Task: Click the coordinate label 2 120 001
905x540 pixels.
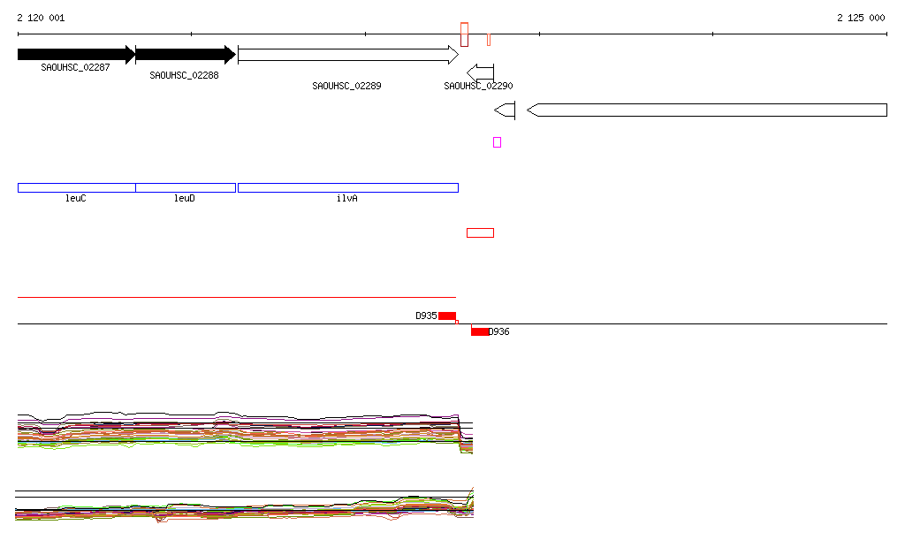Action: click(41, 18)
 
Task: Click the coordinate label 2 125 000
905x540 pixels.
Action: click(861, 18)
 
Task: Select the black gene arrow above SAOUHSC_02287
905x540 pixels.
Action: click(76, 55)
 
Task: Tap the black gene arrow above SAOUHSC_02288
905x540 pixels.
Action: click(186, 55)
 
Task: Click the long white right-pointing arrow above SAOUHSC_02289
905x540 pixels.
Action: click(348, 55)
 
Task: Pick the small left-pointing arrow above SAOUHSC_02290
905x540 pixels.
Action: click(480, 72)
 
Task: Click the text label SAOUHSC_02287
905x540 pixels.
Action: click(75, 67)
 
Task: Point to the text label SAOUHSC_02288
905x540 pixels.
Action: click(184, 76)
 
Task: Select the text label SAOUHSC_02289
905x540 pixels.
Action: click(346, 86)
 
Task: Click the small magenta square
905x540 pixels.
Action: click(497, 142)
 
